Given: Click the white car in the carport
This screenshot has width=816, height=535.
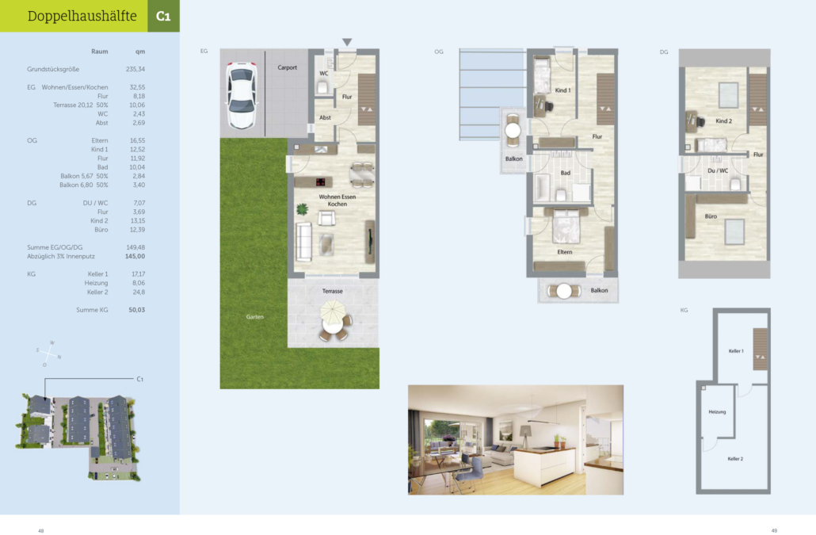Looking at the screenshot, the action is tap(242, 95).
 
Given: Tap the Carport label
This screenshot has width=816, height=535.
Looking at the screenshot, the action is tap(288, 67).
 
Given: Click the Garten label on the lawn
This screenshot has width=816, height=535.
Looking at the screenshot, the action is tap(254, 316).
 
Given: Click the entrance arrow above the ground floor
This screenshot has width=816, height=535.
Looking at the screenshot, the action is tap(347, 42).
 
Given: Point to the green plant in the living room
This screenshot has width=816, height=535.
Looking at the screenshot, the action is tap(302, 209).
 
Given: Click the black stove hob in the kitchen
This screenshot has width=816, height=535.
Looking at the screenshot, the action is tap(321, 182).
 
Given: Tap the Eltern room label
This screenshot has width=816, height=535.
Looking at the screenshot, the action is tap(565, 252).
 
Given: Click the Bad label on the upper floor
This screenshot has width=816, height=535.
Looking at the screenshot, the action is tap(565, 173).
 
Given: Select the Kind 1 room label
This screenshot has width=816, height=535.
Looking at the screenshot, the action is tap(562, 90).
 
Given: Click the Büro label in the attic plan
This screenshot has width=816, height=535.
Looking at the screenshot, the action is tap(711, 216).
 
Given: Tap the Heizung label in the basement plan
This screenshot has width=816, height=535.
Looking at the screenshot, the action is tap(717, 411).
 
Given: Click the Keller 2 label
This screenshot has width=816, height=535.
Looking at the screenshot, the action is tap(735, 459).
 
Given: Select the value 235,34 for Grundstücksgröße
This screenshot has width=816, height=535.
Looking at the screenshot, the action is tap(135, 69).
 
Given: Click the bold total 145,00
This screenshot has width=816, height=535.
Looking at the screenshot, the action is tap(135, 257).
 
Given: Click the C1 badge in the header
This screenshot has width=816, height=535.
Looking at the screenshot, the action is tap(163, 16).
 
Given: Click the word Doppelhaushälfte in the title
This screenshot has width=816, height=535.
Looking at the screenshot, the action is tap(82, 16).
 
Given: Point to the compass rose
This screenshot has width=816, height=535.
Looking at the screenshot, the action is tap(48, 353).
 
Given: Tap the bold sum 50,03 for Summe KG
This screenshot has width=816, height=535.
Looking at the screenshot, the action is tap(137, 310).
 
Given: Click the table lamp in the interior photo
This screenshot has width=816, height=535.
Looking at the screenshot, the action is tap(525, 435).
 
